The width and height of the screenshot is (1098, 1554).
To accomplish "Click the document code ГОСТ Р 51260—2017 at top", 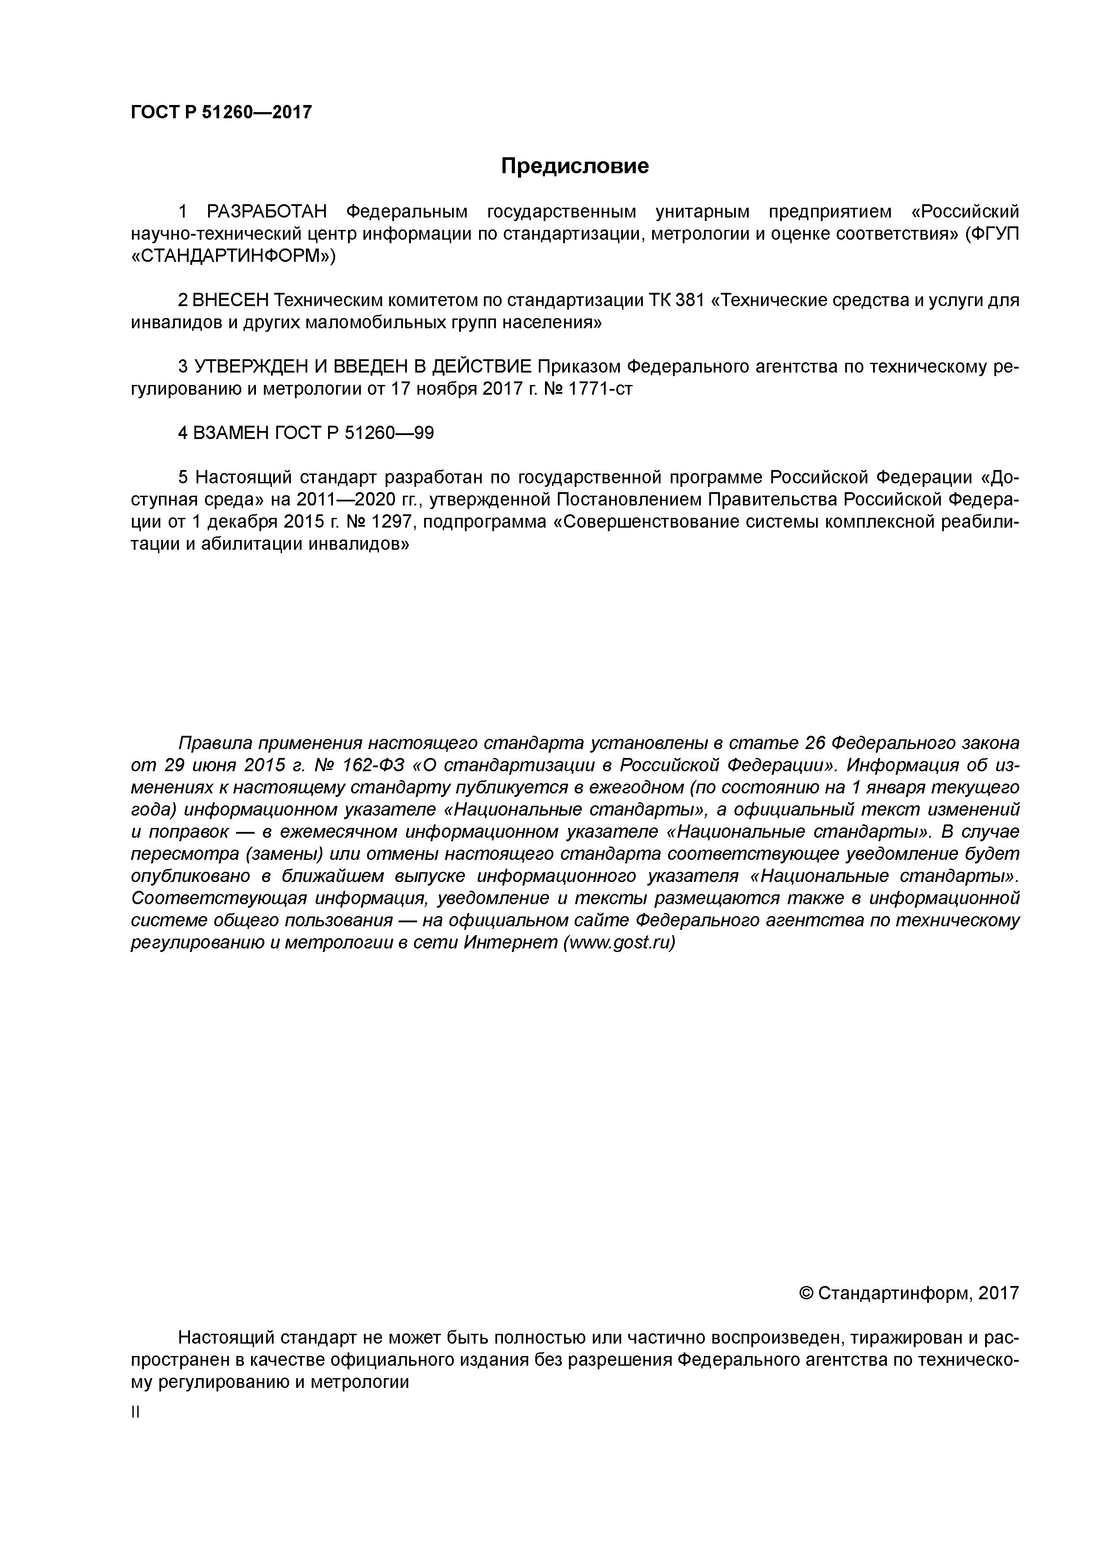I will (x=221, y=113).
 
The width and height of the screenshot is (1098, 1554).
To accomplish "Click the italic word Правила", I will (x=214, y=743).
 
